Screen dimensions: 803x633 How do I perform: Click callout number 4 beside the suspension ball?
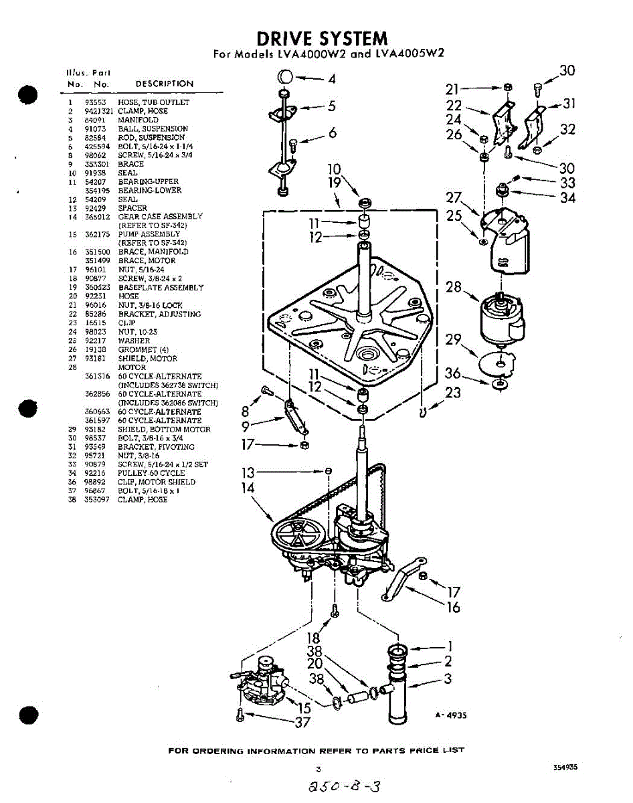tap(332, 79)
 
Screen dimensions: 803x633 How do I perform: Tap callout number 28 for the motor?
tap(454, 288)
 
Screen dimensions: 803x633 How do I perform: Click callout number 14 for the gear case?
tap(248, 488)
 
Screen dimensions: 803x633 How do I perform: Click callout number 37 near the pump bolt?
tap(303, 721)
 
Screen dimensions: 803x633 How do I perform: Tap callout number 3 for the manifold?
tap(448, 679)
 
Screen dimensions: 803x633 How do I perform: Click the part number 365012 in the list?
tap(96, 217)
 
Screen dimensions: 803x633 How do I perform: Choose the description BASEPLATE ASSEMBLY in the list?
tap(161, 288)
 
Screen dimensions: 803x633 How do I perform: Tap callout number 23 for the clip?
tap(453, 392)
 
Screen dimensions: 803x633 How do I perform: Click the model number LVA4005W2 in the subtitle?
tap(410, 54)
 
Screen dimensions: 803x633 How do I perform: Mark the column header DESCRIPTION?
tap(164, 84)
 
